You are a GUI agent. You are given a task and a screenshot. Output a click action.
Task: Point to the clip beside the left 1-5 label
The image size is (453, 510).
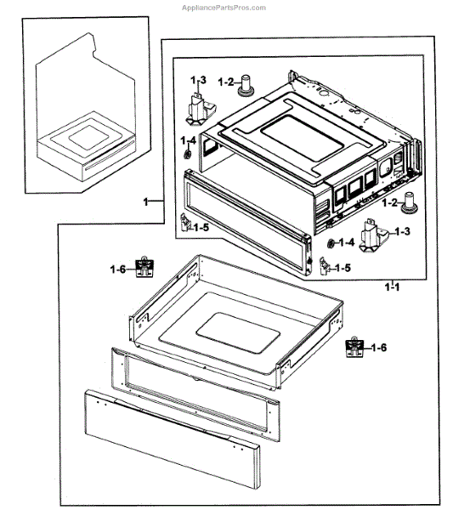coord(184,224)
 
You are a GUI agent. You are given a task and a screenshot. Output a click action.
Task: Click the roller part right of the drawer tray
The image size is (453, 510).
coord(352,348)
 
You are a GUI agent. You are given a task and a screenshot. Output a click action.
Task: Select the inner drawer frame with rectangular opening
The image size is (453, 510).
coord(194,379)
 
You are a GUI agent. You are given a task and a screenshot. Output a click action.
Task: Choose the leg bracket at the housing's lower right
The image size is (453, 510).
coord(371,235)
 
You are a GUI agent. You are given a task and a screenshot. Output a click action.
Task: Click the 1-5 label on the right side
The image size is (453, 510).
coord(342,268)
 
